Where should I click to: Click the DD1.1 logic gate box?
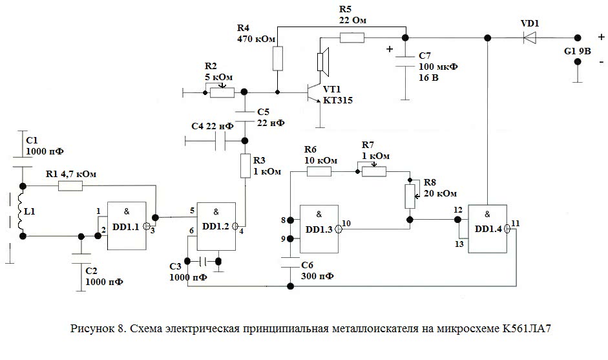tap(125, 226)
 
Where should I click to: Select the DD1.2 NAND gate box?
tap(215, 226)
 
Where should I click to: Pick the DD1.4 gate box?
tap(488, 228)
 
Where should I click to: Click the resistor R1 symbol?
tap(70, 186)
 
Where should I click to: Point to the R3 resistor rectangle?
tap(246, 165)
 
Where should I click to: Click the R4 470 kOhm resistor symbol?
tap(277, 59)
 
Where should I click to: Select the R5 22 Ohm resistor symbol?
tap(352, 37)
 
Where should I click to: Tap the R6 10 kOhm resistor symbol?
tap(319, 172)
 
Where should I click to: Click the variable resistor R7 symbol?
tap(374, 171)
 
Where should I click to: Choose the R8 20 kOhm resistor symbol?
tap(409, 196)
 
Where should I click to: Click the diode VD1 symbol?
tap(529, 37)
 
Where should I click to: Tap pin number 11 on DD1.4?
tap(515, 223)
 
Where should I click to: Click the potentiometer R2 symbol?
tap(222, 93)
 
